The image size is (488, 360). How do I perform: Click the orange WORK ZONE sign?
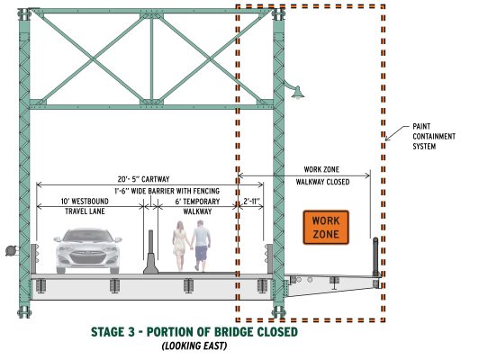click(326, 228)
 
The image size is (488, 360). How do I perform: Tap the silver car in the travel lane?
click(87, 251)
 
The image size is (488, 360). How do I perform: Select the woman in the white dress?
click(179, 246)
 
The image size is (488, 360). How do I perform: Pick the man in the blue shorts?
click(201, 246)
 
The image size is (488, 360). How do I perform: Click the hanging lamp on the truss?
click(297, 93)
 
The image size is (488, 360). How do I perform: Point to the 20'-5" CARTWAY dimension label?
click(143, 179)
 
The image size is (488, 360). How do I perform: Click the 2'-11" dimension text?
click(251, 202)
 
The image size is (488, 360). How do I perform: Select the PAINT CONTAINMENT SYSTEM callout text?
click(434, 136)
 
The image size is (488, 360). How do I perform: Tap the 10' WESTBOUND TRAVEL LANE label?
click(85, 206)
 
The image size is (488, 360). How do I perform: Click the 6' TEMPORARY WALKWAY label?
click(197, 206)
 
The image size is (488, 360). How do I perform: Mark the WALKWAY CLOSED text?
click(322, 182)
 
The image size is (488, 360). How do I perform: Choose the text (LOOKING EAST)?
click(194, 346)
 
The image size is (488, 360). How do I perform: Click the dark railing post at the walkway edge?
click(376, 257)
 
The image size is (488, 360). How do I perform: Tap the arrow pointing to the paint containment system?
click(397, 133)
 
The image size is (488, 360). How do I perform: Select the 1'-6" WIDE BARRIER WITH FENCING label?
click(167, 191)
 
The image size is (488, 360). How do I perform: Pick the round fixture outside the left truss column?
click(11, 250)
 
